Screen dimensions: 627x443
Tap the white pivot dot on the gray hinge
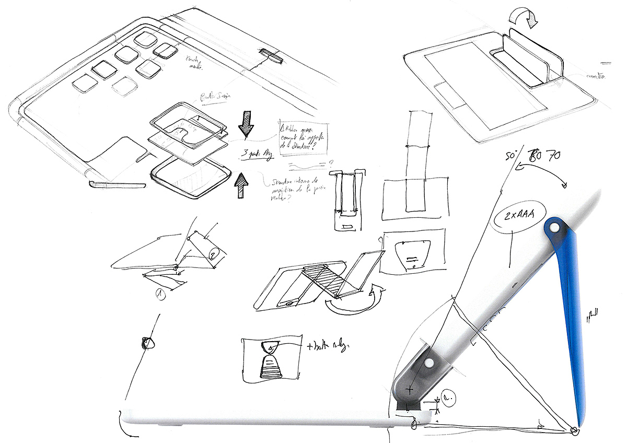429,363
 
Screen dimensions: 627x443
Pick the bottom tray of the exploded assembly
191,179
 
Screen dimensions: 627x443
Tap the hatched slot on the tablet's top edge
271,55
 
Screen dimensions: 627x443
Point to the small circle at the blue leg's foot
574,430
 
